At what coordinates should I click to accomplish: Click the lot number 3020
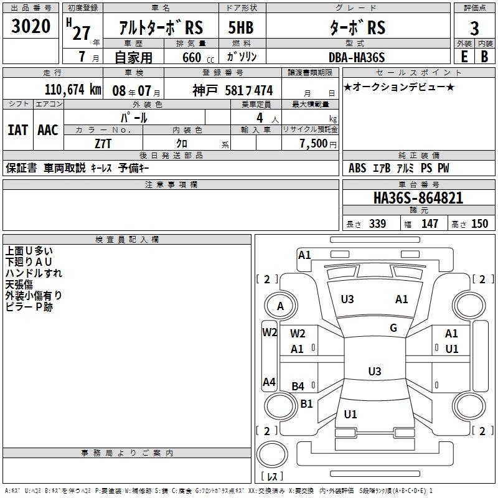pyautogui.click(x=31, y=26)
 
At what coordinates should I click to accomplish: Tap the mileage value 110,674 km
pyautogui.click(x=73, y=90)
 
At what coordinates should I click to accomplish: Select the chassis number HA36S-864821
pyautogui.click(x=418, y=198)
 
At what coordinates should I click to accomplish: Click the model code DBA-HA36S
pyautogui.click(x=357, y=57)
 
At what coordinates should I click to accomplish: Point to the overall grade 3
pyautogui.click(x=474, y=28)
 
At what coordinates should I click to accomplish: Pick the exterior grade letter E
pyautogui.click(x=464, y=57)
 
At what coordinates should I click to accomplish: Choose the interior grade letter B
pyautogui.click(x=484, y=57)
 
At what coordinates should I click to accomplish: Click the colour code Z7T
pyautogui.click(x=103, y=144)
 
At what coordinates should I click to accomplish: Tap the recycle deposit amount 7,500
pyautogui.click(x=313, y=144)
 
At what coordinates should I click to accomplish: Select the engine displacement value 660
pyautogui.click(x=192, y=57)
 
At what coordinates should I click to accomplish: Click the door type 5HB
pyautogui.click(x=241, y=27)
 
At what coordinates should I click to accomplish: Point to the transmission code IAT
pyautogui.click(x=17, y=130)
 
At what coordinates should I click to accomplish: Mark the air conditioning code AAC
pyautogui.click(x=48, y=130)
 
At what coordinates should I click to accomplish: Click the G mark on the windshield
pyautogui.click(x=393, y=328)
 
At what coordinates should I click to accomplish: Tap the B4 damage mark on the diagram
pyautogui.click(x=298, y=387)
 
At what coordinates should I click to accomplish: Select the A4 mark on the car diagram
pyautogui.click(x=269, y=382)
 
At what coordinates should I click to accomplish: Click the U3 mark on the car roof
pyautogui.click(x=375, y=371)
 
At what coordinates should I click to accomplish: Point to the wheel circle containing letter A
pyautogui.click(x=281, y=293)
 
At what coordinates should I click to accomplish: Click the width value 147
pyautogui.click(x=430, y=223)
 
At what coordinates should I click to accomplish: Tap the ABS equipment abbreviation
pyautogui.click(x=357, y=168)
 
